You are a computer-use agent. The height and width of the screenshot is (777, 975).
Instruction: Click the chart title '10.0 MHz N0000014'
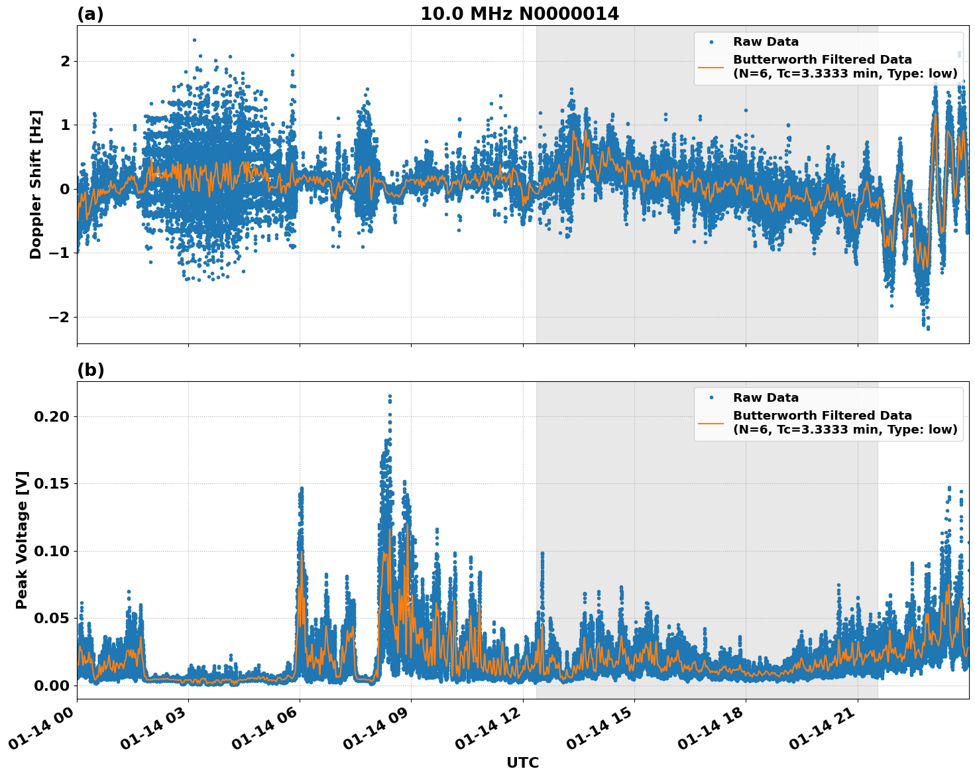pos(519,14)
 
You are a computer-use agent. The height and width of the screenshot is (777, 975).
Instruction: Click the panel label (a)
pos(90,14)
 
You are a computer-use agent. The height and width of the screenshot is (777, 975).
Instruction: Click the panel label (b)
pos(90,370)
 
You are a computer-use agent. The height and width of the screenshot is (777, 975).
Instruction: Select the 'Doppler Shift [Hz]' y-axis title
pos(36,184)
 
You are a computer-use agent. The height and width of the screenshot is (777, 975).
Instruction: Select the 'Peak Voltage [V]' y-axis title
pos(22,540)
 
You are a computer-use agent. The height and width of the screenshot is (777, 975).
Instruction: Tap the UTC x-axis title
pos(522,763)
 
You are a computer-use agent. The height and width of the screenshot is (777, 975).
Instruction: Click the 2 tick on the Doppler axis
pos(65,61)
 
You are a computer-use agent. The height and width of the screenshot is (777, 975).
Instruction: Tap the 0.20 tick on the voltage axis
pos(51,416)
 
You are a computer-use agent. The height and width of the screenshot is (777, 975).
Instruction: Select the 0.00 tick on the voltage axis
pos(51,685)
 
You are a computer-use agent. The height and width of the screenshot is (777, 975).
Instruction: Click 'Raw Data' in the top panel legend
pos(766,42)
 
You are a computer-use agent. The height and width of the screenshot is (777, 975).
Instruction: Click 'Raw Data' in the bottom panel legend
pos(766,398)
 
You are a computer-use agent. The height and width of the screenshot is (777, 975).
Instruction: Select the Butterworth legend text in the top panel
pos(844,66)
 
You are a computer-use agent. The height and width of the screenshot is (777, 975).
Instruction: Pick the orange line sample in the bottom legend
pos(711,422)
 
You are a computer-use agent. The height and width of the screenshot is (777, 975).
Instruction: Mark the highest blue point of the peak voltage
pos(390,396)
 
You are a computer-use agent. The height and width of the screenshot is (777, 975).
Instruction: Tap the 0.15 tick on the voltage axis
pos(51,483)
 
